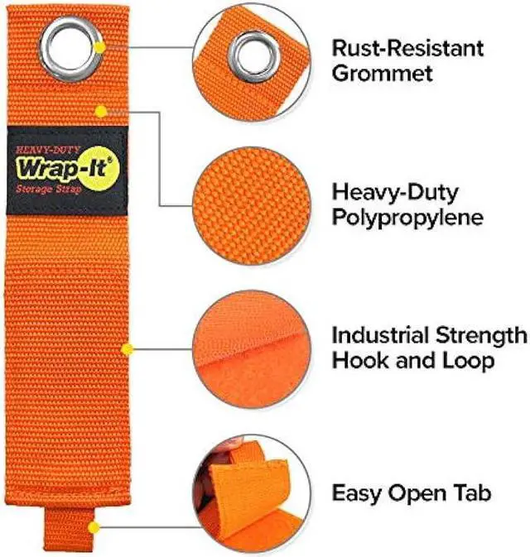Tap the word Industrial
(377, 335)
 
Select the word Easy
(357, 494)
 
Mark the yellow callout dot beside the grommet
(99, 47)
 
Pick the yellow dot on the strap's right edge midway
(126, 348)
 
